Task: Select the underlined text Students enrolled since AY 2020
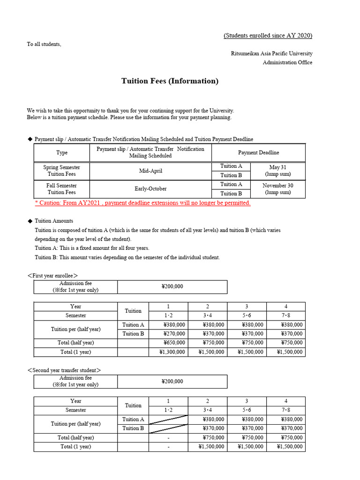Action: [x=268, y=36]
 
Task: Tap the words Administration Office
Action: [x=287, y=62]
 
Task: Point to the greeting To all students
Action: [x=44, y=45]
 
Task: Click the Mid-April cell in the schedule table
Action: [x=150, y=171]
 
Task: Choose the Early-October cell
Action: [x=150, y=189]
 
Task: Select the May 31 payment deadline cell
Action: [x=277, y=171]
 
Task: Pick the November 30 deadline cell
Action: [x=277, y=189]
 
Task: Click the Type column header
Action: [x=61, y=153]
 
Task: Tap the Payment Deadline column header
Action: [x=258, y=153]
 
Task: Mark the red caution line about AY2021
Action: [x=142, y=203]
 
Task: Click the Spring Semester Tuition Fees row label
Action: [x=61, y=171]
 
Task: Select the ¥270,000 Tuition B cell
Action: [x=168, y=334]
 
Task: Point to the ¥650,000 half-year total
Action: [x=168, y=343]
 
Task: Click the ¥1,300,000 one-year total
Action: [x=168, y=352]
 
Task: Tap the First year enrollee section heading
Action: [x=52, y=276]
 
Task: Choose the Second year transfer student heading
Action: [x=64, y=370]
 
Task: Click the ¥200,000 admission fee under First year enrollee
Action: [x=172, y=287]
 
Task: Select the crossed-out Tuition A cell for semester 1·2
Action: [x=168, y=419]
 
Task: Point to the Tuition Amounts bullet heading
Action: [x=54, y=221]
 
